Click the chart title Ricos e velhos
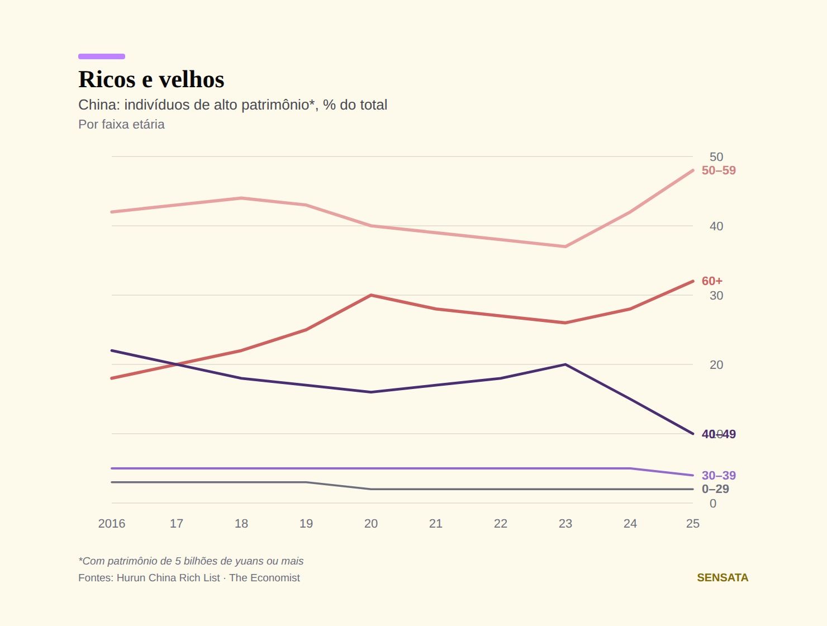[x=151, y=79]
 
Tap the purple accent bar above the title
[x=102, y=56]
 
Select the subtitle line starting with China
[x=232, y=105]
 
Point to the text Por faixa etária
[x=121, y=124]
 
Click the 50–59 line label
[x=719, y=170]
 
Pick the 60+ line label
[x=712, y=281]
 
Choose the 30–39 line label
[x=719, y=475]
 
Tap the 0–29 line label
[x=715, y=489]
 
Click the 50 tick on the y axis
[x=716, y=157]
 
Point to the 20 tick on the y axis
[x=716, y=365]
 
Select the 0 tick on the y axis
[x=712, y=504]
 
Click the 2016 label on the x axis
[x=112, y=524]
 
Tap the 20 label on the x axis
[x=371, y=524]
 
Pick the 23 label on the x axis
[x=565, y=524]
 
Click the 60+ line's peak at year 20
[x=371, y=295]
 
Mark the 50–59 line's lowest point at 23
[x=565, y=246]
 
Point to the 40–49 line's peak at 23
[x=565, y=364]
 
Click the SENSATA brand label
[x=723, y=578]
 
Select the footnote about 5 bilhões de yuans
[x=191, y=561]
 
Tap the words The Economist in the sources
[x=264, y=578]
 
